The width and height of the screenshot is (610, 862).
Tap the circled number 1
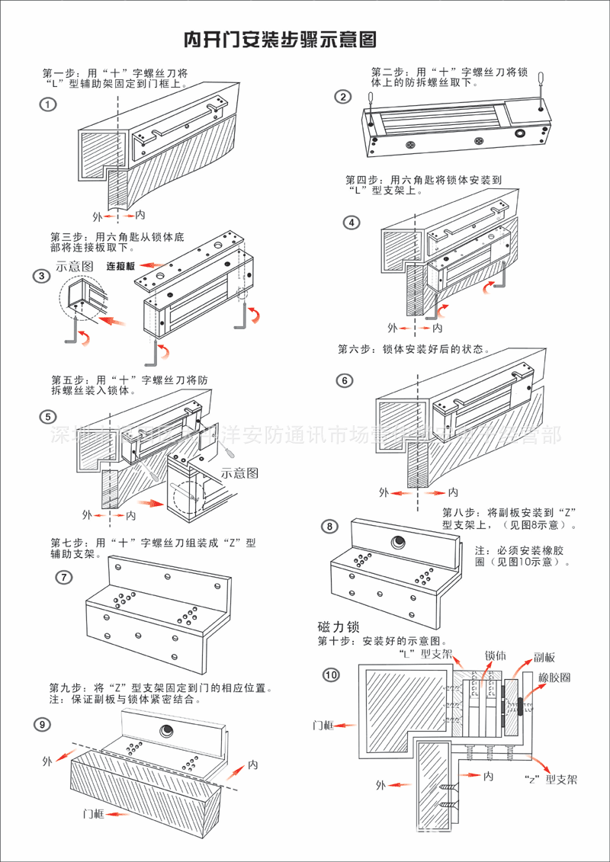[49, 104]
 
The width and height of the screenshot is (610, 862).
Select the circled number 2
[343, 97]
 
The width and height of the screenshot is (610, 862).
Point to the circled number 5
[49, 417]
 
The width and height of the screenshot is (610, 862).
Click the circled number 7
[65, 577]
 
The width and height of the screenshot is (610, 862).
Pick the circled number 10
[331, 675]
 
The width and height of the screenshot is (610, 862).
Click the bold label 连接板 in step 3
[120, 266]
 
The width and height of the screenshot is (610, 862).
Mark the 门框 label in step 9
[94, 813]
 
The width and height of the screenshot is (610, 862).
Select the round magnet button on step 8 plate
[398, 543]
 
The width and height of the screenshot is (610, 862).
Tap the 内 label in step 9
[253, 764]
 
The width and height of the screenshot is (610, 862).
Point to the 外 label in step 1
[97, 216]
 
